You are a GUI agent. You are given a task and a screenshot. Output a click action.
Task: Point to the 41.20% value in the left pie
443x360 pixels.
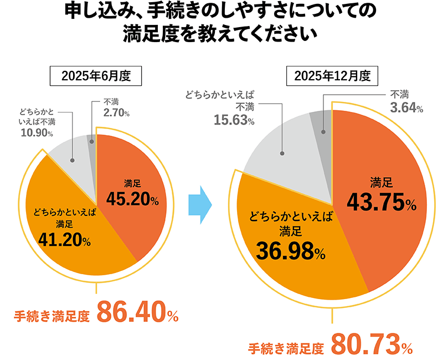pyautogui.click(x=65, y=239)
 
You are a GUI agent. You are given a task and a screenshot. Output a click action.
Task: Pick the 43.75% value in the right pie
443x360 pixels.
pyautogui.click(x=381, y=203)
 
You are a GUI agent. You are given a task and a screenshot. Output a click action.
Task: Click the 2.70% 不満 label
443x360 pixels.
pyautogui.click(x=116, y=113)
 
